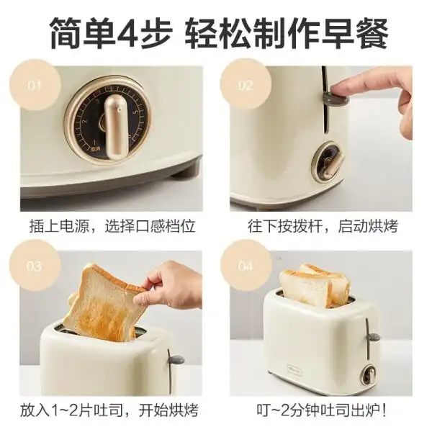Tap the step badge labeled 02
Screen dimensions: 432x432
point(246,86)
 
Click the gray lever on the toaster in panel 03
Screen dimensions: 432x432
point(175,359)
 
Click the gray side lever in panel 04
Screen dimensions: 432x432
point(372,336)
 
